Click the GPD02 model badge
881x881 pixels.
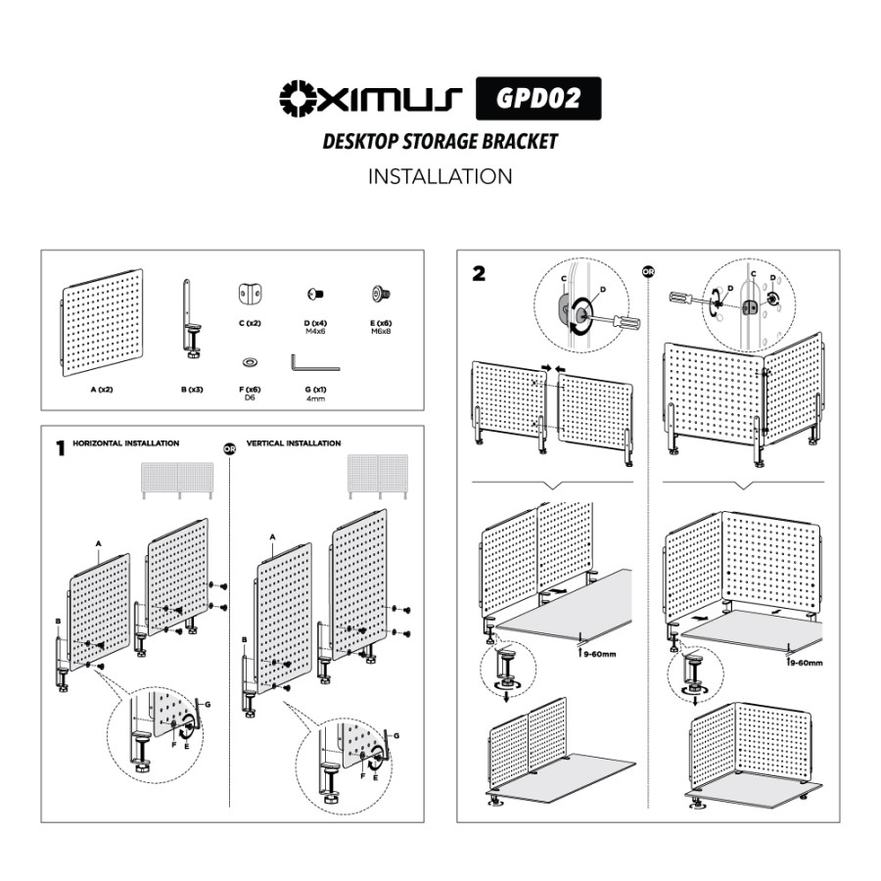tap(538, 98)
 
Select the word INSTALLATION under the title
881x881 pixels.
tap(440, 176)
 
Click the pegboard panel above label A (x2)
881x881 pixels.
tap(102, 322)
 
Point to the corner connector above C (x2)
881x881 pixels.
tap(250, 294)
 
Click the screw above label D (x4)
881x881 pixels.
tap(315, 294)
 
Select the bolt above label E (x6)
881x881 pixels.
tap(381, 294)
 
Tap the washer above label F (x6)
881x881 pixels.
tap(250, 362)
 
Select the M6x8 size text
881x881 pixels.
tap(381, 332)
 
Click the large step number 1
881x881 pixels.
tap(61, 448)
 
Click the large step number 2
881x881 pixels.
tap(479, 274)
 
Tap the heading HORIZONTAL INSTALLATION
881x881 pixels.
tap(126, 443)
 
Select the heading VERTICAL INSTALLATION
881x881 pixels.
tap(294, 443)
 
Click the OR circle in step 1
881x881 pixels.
tap(229, 449)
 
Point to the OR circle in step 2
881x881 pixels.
tap(648, 272)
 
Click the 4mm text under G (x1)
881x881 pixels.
tap(315, 398)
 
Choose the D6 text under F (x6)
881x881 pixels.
tap(250, 397)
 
